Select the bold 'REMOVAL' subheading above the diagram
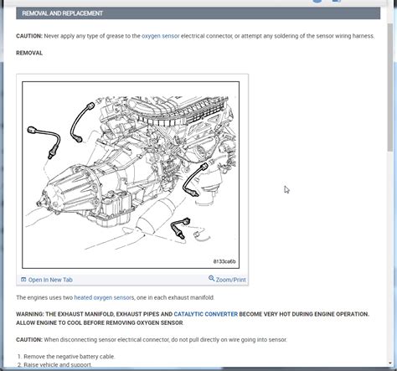(x=29, y=53)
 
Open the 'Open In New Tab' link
(x=50, y=279)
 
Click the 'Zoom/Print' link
(x=230, y=279)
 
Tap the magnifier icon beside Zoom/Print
(x=212, y=279)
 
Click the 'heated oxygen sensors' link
(x=104, y=297)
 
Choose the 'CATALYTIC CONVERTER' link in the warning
(x=205, y=314)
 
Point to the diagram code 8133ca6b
(x=222, y=260)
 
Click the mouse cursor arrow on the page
(x=286, y=189)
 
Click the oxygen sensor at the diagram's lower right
(x=180, y=224)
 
